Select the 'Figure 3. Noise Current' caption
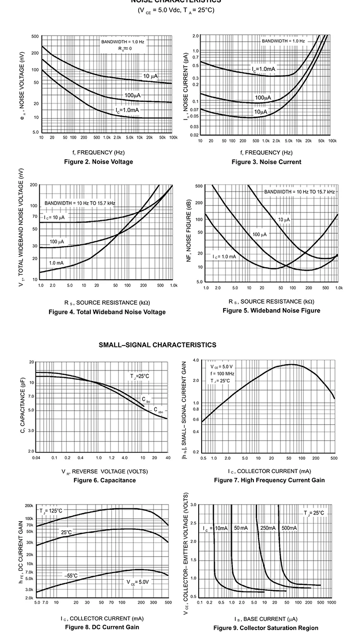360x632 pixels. pyautogui.click(x=266, y=162)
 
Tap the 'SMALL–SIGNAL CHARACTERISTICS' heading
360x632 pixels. pyautogui.click(x=157, y=345)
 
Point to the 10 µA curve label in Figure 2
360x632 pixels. pyautogui.click(x=150, y=76)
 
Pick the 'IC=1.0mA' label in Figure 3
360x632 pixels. pyautogui.click(x=264, y=69)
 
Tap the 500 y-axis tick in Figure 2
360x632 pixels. pyautogui.click(x=36, y=36)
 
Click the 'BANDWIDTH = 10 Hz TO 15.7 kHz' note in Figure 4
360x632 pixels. pyautogui.click(x=80, y=203)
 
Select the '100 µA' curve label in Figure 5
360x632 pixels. pyautogui.click(x=259, y=234)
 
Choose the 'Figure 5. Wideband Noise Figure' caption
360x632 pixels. pyautogui.click(x=271, y=310)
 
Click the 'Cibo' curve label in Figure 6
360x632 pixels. pyautogui.click(x=146, y=399)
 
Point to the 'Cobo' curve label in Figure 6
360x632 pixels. pyautogui.click(x=158, y=410)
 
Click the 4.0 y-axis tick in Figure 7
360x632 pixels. pyautogui.click(x=196, y=360)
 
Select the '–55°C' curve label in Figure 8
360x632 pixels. pyautogui.click(x=71, y=575)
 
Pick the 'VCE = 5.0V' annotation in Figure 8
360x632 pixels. pyautogui.click(x=138, y=582)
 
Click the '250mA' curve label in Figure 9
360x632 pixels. pyautogui.click(x=268, y=528)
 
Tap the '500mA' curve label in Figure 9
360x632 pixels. pyautogui.click(x=289, y=528)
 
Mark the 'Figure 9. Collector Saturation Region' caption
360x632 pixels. pyautogui.click(x=266, y=628)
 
